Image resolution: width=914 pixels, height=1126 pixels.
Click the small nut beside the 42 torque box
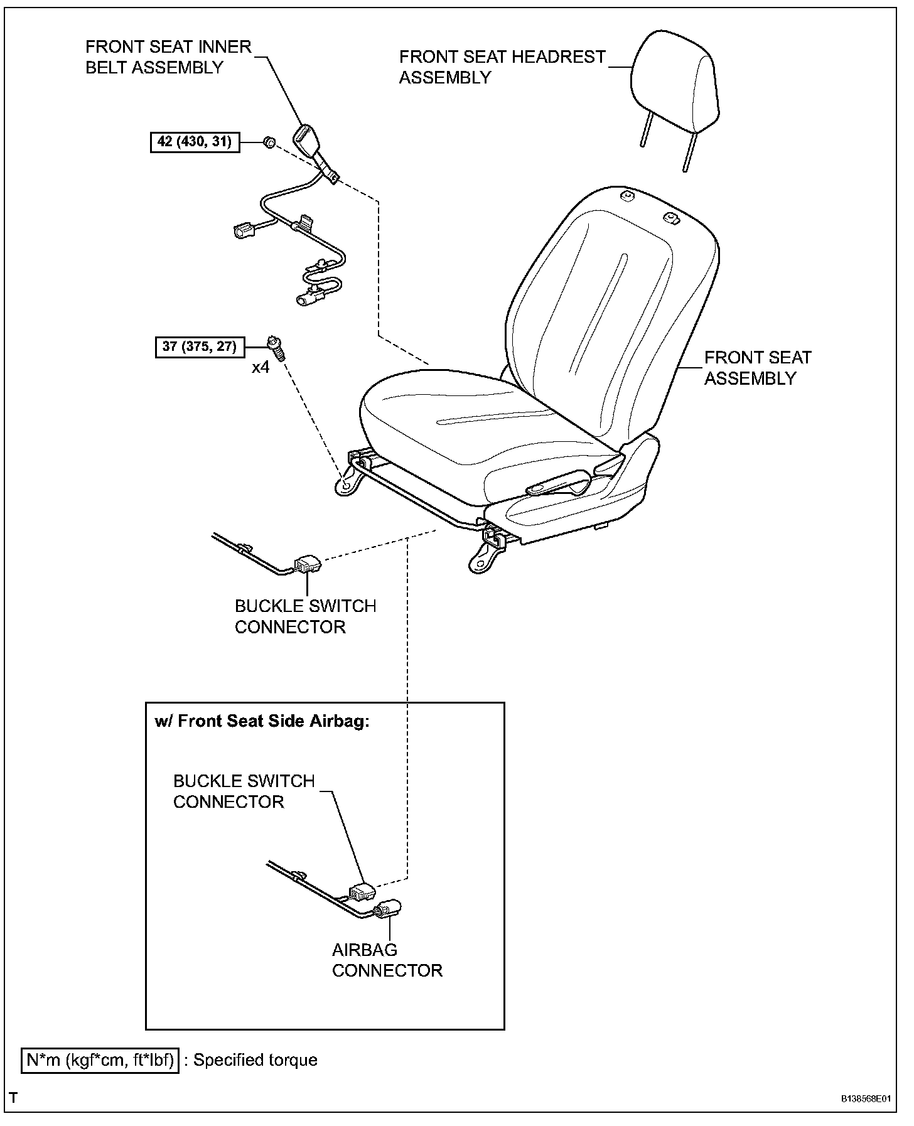268,142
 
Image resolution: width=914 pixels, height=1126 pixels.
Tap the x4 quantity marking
261,367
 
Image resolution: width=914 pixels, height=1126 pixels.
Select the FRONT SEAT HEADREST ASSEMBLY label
502,67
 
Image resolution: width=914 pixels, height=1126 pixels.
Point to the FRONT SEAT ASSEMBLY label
757,368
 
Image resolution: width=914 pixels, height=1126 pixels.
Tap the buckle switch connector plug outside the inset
308,564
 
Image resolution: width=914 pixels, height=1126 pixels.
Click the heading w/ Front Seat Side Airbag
262,721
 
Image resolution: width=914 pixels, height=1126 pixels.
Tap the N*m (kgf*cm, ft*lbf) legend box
100,1060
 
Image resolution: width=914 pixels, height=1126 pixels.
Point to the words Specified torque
255,1060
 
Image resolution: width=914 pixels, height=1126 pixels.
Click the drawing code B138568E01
866,1099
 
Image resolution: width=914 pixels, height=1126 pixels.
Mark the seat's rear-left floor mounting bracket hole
345,485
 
